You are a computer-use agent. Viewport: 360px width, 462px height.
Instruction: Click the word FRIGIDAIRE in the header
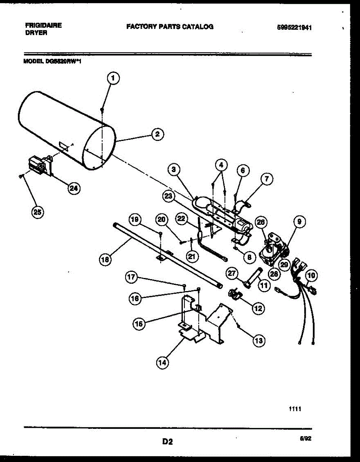coord(43,25)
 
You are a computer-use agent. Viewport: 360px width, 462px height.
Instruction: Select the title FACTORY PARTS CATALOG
coord(170,27)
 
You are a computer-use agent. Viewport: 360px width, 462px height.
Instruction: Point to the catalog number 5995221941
coord(294,28)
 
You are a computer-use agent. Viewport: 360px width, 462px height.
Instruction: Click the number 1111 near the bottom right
coord(295,409)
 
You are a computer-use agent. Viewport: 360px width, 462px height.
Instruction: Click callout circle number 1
coord(113,79)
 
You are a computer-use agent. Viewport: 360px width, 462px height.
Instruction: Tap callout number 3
coord(174,169)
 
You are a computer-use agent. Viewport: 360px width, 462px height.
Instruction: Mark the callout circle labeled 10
coord(311,275)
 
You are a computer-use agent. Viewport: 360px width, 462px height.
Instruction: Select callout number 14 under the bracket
coord(162,362)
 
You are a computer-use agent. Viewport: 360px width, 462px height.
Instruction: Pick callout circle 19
coord(134,220)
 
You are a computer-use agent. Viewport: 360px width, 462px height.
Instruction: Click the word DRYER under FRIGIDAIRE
coord(37,33)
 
